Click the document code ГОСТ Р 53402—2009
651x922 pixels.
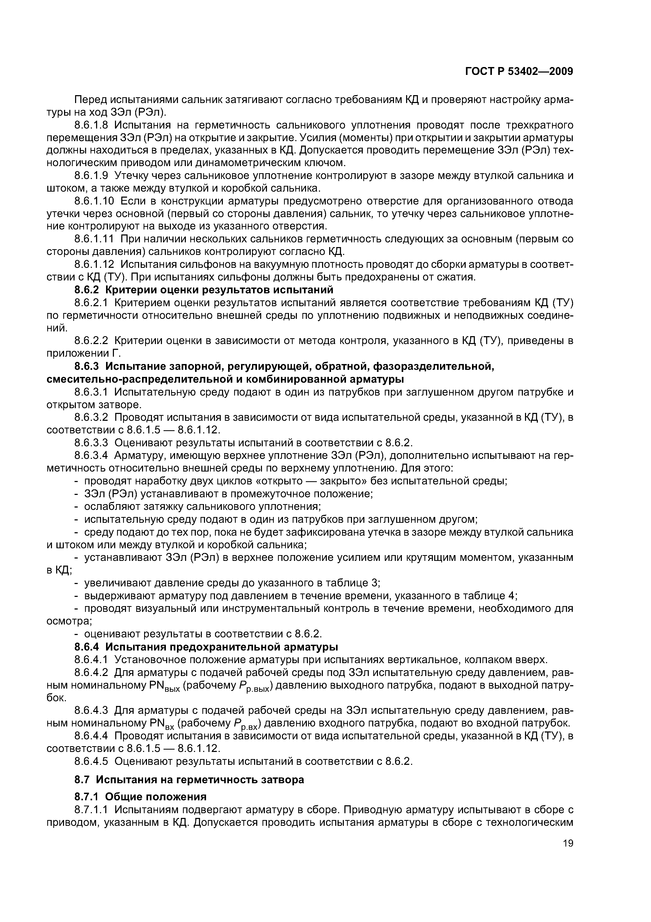519,72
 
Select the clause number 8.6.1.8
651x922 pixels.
91,125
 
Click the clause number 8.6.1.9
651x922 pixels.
91,176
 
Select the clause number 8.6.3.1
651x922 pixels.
91,392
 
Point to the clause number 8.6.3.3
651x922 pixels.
91,443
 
